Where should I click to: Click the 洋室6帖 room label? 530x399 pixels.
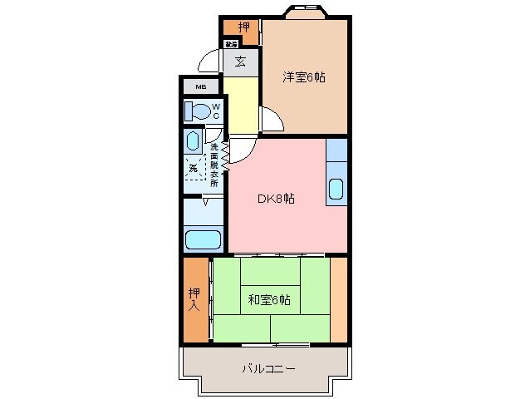(x=303, y=77)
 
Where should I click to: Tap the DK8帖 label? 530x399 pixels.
(x=275, y=199)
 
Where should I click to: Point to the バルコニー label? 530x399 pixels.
(x=268, y=368)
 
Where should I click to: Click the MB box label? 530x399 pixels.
(x=201, y=86)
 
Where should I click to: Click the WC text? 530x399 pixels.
(x=215, y=111)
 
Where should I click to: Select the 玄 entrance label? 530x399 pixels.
(x=240, y=61)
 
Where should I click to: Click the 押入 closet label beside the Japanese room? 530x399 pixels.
(x=194, y=298)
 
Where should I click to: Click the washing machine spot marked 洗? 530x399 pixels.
(x=194, y=168)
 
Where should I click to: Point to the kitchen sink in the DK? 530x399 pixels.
(x=336, y=189)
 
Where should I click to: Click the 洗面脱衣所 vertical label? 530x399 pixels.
(x=213, y=166)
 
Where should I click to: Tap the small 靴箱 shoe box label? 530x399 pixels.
(x=230, y=44)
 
